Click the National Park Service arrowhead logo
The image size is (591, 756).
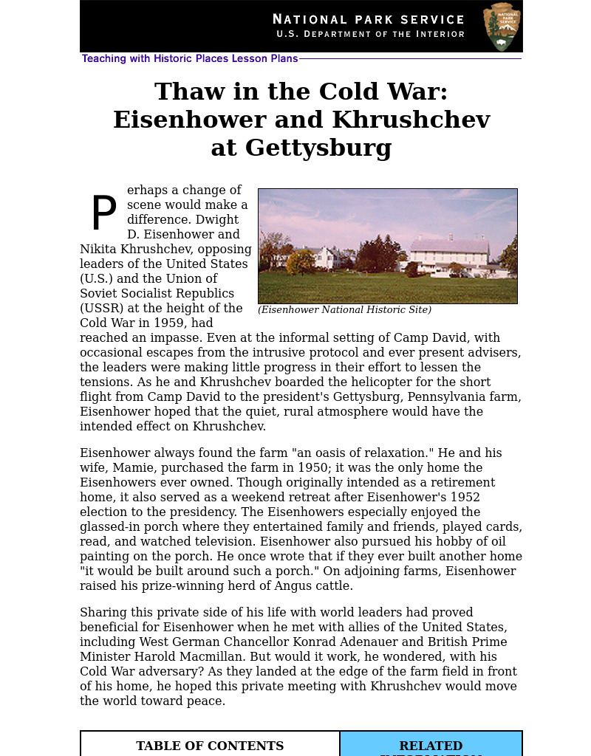pyautogui.click(x=502, y=27)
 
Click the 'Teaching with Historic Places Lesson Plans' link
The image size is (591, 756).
pyautogui.click(x=190, y=59)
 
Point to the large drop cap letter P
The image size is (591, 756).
pyautogui.click(x=103, y=214)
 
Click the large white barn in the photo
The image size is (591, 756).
pyautogui.click(x=449, y=255)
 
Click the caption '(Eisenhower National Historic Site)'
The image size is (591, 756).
pyautogui.click(x=344, y=310)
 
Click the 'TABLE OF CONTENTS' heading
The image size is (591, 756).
pyautogui.click(x=210, y=746)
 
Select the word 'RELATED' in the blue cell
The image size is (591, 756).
pyautogui.click(x=431, y=746)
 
